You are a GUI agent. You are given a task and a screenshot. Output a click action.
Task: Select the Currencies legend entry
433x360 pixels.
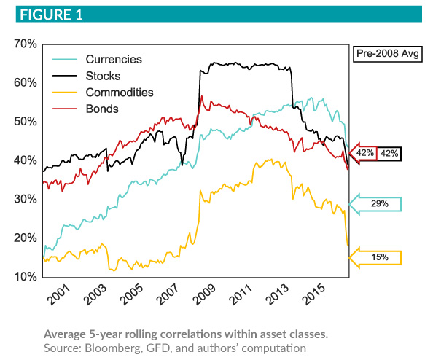point(113,59)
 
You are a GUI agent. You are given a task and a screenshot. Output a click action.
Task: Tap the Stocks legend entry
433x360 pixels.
point(103,76)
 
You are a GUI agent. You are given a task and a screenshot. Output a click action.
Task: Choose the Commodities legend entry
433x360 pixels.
point(120,93)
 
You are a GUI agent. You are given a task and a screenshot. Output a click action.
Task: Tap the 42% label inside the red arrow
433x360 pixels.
point(365,153)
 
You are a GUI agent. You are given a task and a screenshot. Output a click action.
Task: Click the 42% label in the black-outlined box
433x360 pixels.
point(389,153)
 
